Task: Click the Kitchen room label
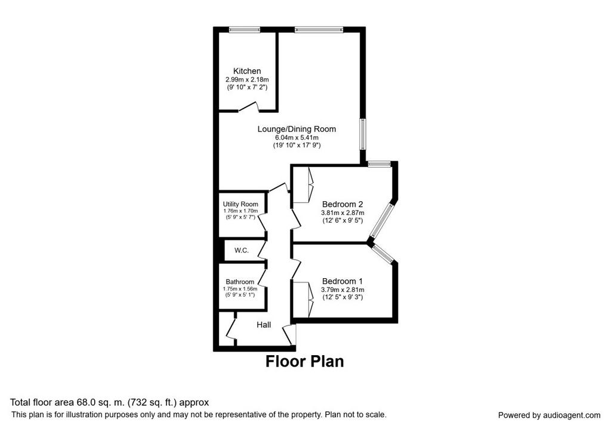pyautogui.click(x=247, y=71)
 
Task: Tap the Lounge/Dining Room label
pyautogui.click(x=297, y=129)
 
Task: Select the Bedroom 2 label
pyautogui.click(x=342, y=204)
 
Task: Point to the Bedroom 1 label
pyautogui.click(x=342, y=281)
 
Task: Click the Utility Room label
pyautogui.click(x=240, y=204)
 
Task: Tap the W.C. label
pyautogui.click(x=242, y=250)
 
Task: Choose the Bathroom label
pyautogui.click(x=240, y=282)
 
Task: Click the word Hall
pyautogui.click(x=264, y=325)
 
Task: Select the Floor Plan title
pyautogui.click(x=305, y=361)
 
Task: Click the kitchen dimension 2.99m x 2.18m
pyautogui.click(x=247, y=79)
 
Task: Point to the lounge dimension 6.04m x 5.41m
pyautogui.click(x=297, y=138)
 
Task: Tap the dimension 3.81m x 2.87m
pyautogui.click(x=342, y=213)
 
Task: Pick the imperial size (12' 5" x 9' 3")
pyautogui.click(x=342, y=297)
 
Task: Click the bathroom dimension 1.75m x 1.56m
pyautogui.click(x=240, y=289)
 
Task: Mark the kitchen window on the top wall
pyautogui.click(x=244, y=29)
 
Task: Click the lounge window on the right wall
pyautogui.click(x=362, y=134)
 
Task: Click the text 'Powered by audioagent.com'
pyautogui.click(x=549, y=415)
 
